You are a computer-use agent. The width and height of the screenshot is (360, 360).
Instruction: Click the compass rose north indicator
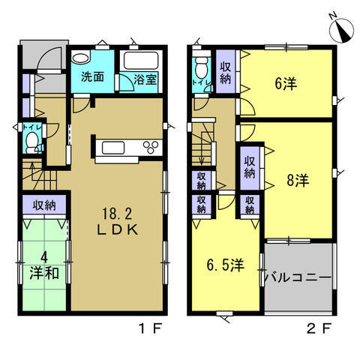[341, 30]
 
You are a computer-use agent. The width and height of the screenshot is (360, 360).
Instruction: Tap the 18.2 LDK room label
[117, 222]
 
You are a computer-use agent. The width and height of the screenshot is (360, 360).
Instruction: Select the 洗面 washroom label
[92, 77]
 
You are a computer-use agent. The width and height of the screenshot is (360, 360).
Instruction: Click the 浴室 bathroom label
[145, 79]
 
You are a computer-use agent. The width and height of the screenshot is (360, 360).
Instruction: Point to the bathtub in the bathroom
[141, 61]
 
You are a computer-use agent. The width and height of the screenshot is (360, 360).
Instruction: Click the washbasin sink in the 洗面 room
[80, 58]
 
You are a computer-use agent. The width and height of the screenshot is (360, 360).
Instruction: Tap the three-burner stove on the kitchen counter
[151, 147]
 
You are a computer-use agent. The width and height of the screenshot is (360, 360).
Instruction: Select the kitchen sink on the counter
[113, 148]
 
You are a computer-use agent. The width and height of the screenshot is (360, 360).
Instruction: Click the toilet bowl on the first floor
[32, 142]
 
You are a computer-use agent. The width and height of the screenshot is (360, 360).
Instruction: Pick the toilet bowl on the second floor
[202, 68]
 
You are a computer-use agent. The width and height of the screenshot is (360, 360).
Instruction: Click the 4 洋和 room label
[44, 266]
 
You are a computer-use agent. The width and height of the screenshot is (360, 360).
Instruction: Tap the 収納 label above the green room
[44, 205]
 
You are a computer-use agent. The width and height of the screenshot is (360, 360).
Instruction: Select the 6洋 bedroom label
[286, 83]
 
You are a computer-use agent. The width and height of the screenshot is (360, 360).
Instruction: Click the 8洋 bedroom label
[298, 180]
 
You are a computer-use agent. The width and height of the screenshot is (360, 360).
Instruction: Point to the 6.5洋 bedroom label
[225, 265]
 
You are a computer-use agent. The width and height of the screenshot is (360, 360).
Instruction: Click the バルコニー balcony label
[298, 277]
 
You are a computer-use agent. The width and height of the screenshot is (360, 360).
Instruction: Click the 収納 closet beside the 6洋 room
[225, 72]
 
